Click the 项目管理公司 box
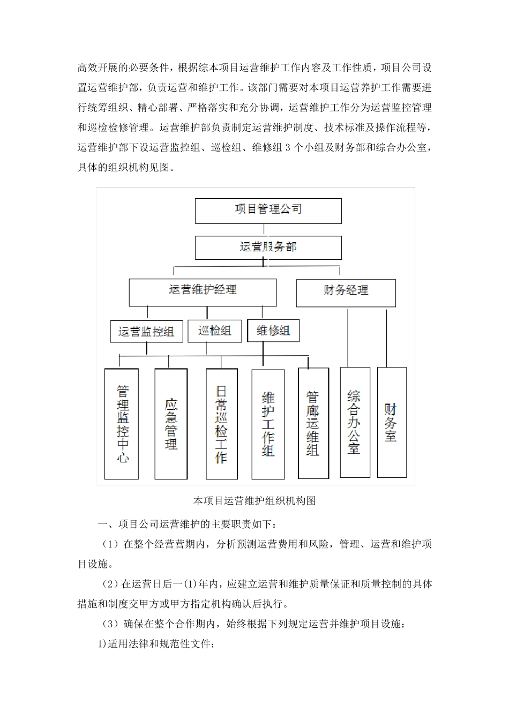[268, 211]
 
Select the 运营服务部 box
[268, 248]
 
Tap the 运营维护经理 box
[203, 292]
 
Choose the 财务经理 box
[346, 292]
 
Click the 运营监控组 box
[146, 331]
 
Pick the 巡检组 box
[214, 331]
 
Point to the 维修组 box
[273, 331]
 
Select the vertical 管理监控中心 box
[122, 423]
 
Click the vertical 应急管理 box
[170, 423]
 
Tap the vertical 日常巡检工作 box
[221, 423]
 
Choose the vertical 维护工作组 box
[268, 424]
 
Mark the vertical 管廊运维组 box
[313, 423]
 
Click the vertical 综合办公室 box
[355, 422]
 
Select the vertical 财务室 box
[392, 422]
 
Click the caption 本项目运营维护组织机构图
[254, 501]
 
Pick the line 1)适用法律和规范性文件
[156, 644]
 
